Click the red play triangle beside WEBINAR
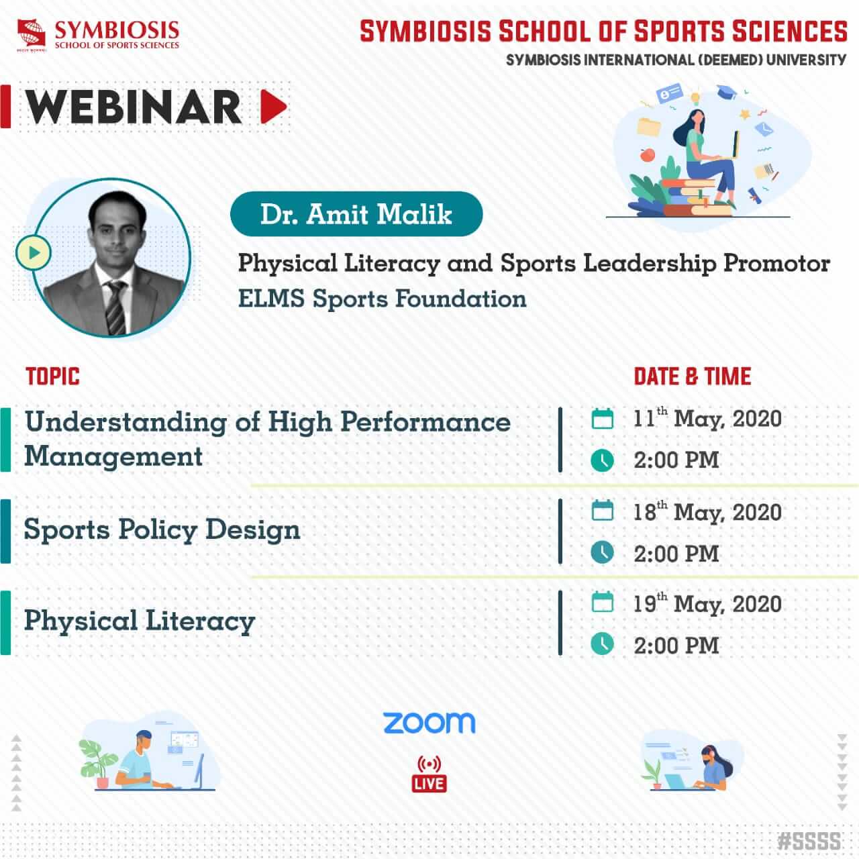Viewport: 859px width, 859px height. pos(272,106)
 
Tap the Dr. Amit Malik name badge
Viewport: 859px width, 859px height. pos(356,214)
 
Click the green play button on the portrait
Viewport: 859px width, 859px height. pos(34,253)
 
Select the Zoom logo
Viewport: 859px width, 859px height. pos(429,723)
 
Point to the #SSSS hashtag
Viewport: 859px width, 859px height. pos(809,841)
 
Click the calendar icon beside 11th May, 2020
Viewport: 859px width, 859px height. pos(602,419)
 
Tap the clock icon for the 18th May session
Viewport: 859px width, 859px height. pos(602,553)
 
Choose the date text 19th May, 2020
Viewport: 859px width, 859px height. pos(707,604)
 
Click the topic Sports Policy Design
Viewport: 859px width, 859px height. pos(162,529)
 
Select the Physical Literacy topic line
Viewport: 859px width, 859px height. pos(140,621)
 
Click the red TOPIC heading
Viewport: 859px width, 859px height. pos(52,376)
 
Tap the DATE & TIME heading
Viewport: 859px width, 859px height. pos(693,376)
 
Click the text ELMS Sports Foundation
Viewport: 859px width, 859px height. pos(382,299)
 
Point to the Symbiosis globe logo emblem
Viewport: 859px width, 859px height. pos(31,33)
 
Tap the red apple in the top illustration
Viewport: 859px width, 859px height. pos(647,154)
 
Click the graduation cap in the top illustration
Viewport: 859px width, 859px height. pos(727,91)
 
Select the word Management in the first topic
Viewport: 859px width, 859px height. pos(113,457)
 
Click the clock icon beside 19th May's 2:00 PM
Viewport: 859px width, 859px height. pos(602,644)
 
